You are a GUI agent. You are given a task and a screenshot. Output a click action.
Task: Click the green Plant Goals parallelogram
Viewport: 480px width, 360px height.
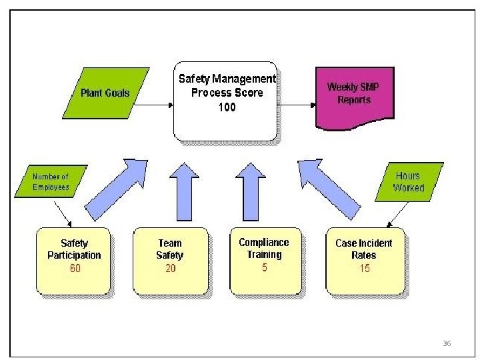pos(105,93)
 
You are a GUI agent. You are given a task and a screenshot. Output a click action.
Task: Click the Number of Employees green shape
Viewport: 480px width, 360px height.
pos(51,181)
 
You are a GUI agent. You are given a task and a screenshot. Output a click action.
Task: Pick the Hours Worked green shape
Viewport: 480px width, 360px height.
pos(408,181)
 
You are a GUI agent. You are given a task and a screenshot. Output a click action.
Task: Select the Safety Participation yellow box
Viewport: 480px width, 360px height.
pos(74,261)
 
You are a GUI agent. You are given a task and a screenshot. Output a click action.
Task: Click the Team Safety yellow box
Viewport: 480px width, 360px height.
pos(170,261)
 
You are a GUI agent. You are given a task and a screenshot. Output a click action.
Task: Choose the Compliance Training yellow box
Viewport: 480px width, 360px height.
pos(265,261)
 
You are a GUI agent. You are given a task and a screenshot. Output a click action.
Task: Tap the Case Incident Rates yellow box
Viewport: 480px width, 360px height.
pos(364,261)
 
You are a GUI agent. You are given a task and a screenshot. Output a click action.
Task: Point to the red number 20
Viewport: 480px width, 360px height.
pos(170,268)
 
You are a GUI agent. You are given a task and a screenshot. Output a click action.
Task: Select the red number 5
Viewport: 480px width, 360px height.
pos(265,267)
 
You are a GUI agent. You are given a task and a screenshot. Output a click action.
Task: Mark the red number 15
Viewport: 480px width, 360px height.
pos(364,268)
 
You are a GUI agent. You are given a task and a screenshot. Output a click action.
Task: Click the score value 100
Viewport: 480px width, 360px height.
pos(227,107)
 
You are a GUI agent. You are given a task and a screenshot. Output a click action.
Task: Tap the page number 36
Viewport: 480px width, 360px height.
pos(447,343)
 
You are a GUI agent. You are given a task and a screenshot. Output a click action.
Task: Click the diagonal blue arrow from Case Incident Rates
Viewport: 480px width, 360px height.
pos(327,188)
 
